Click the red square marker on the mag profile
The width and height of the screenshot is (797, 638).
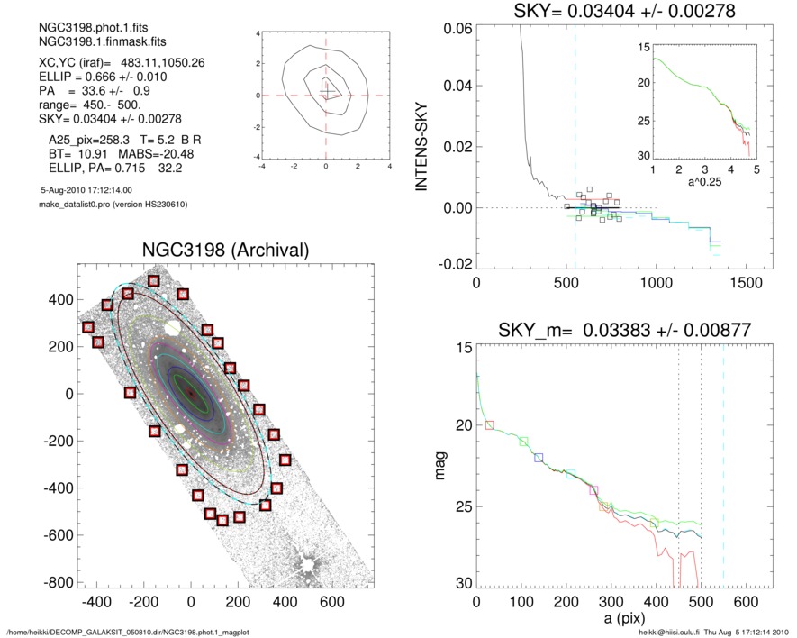click(x=490, y=424)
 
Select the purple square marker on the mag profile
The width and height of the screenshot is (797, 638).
click(x=593, y=489)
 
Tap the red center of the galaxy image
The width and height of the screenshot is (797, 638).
click(x=190, y=393)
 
